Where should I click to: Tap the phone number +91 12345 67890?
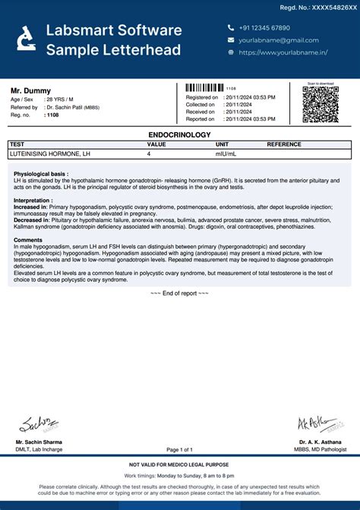[x=264, y=27]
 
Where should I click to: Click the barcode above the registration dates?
[x=204, y=88]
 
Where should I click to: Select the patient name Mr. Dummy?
[x=30, y=90]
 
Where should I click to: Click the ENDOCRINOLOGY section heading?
[x=180, y=134]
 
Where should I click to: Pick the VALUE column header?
[x=156, y=144]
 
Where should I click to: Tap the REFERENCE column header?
[x=284, y=144]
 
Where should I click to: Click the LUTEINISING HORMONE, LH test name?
[x=49, y=154]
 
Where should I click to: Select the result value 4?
[x=149, y=154]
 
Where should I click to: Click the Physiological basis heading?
[x=41, y=174]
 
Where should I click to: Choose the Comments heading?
[x=28, y=239]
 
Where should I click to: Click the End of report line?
[x=179, y=293]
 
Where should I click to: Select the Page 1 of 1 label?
[x=179, y=449]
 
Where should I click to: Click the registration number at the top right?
[x=318, y=7]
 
